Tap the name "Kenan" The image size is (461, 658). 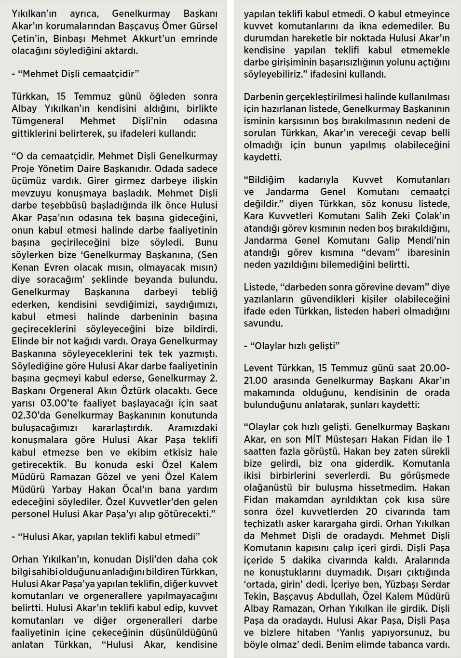26,267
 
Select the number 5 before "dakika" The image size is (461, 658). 283,560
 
